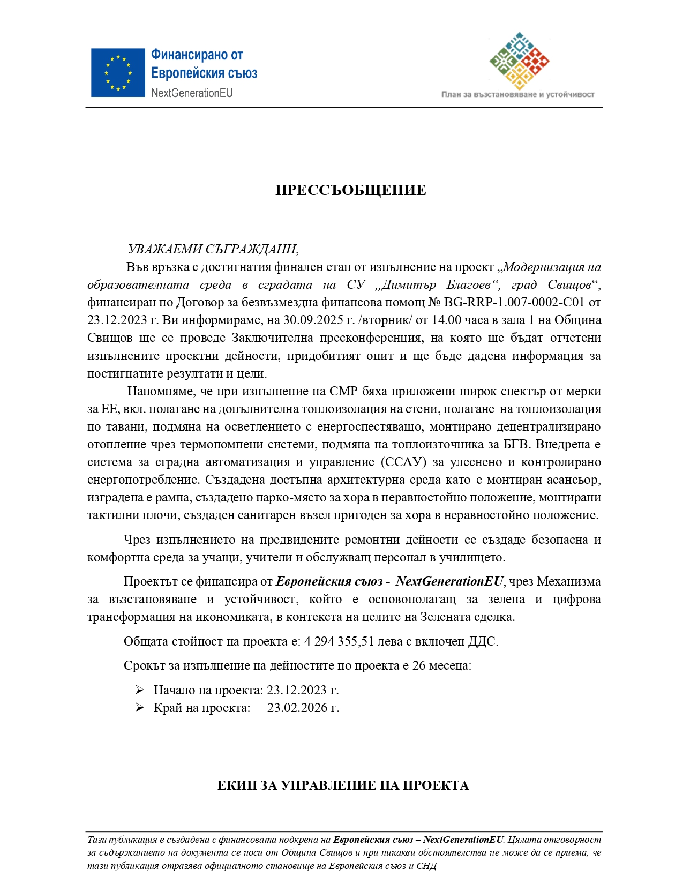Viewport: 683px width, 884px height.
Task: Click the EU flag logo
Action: click(x=118, y=73)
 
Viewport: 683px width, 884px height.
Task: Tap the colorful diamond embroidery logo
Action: click(x=519, y=61)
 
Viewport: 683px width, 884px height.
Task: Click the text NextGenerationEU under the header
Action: click(x=192, y=93)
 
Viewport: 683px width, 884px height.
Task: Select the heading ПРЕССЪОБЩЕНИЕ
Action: click(x=351, y=191)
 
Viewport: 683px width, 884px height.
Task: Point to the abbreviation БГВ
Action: click(x=516, y=445)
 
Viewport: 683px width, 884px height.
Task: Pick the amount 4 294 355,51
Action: click(x=339, y=642)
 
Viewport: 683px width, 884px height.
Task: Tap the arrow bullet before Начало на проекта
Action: click(x=140, y=690)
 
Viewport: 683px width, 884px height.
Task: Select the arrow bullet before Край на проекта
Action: click(x=140, y=708)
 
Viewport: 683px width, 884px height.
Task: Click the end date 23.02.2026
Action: click(x=297, y=708)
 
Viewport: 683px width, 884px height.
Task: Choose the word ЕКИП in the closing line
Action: click(x=237, y=786)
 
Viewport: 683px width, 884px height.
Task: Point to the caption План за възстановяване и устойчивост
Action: click(x=517, y=95)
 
